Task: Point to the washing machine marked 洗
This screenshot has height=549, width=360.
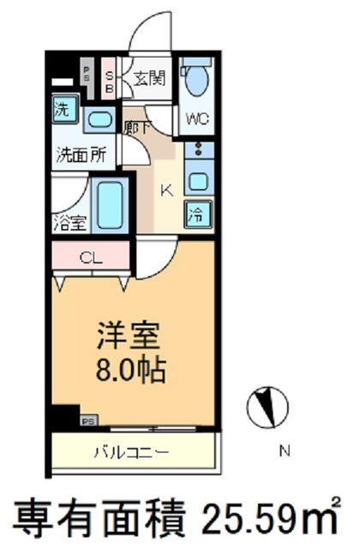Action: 63,109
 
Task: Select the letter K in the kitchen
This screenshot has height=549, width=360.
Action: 166,191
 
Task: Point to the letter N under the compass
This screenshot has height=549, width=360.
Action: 285,450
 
